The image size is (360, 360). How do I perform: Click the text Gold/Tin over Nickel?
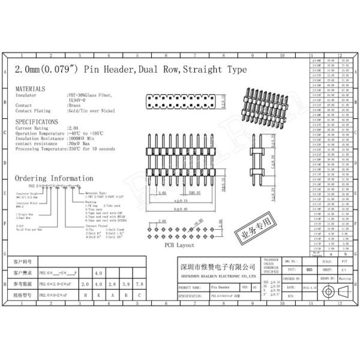click(90, 111)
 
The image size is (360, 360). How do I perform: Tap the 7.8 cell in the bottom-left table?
click(139, 284)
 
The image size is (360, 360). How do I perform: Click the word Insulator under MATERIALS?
click(26, 95)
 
